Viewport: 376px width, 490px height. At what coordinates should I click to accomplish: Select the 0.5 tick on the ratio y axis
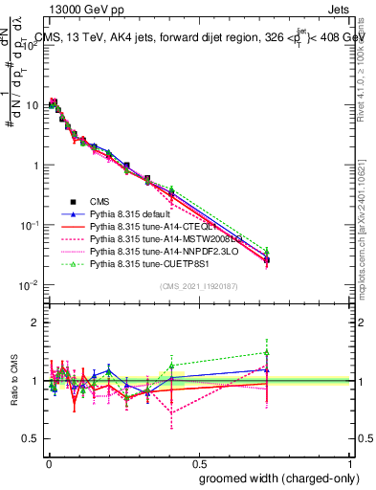point(31,438)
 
